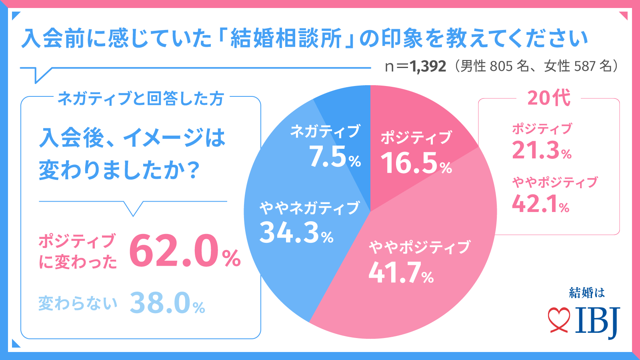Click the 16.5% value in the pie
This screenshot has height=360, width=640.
coord(416,163)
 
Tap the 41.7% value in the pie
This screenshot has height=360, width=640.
coord(401,273)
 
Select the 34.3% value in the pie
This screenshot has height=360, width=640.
coord(296,233)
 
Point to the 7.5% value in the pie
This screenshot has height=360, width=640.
coord(335,157)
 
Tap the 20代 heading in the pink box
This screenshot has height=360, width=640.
coord(549,98)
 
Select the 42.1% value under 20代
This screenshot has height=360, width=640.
coord(540,204)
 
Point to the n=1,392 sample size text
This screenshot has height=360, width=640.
coord(415,66)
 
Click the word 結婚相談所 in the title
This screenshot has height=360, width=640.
coord(286,38)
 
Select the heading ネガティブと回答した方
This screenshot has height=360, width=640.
coord(140,98)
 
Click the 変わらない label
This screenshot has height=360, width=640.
coord(78,304)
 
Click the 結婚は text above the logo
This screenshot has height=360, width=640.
coord(587,293)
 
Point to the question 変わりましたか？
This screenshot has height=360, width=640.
coord(119,170)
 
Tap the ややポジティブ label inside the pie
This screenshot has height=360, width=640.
coord(419,247)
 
